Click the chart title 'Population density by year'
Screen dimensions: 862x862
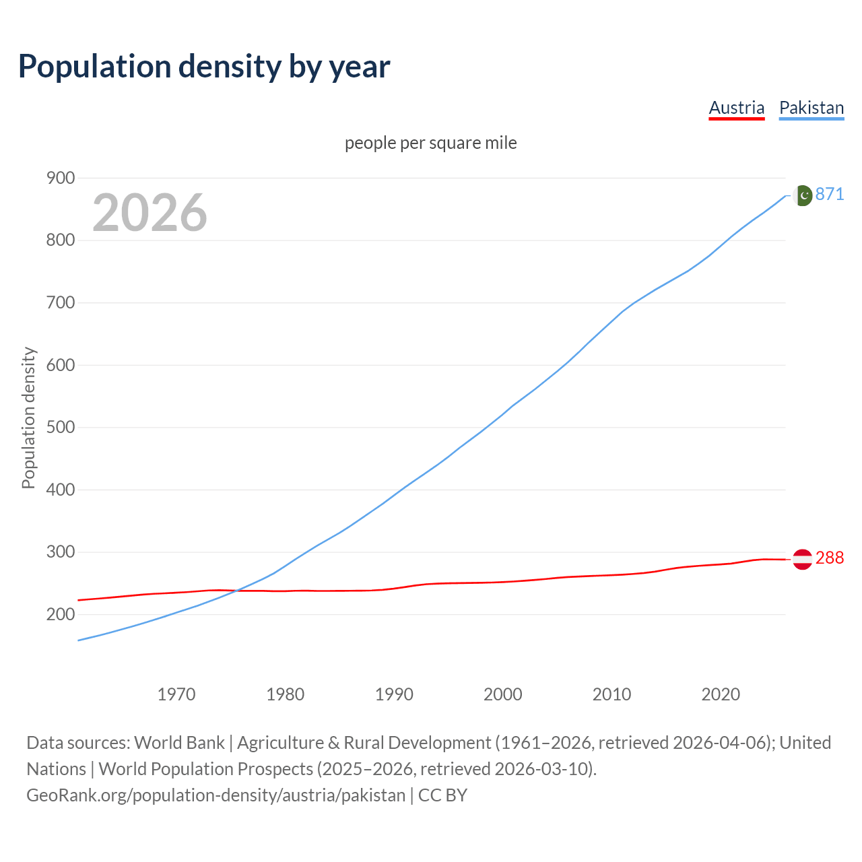(204, 67)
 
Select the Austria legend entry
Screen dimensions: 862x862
(737, 108)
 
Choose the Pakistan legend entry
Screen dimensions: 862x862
(811, 108)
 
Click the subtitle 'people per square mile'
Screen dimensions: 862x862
(431, 143)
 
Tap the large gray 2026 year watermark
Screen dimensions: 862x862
(150, 213)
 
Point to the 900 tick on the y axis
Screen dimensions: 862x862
(61, 178)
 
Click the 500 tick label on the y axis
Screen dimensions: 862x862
(61, 428)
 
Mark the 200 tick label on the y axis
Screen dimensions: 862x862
(61, 614)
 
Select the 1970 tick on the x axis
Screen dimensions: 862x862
(176, 694)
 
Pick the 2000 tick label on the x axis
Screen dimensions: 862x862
(503, 694)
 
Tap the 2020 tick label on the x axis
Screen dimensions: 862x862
(721, 694)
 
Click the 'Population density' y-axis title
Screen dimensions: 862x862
(28, 418)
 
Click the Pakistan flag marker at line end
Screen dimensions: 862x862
(802, 195)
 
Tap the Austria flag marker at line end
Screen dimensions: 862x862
(802, 559)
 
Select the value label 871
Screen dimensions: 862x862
(830, 194)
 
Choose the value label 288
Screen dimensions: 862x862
(830, 558)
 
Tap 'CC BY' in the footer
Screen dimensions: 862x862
(442, 795)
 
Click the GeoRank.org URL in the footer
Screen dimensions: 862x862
(215, 795)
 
